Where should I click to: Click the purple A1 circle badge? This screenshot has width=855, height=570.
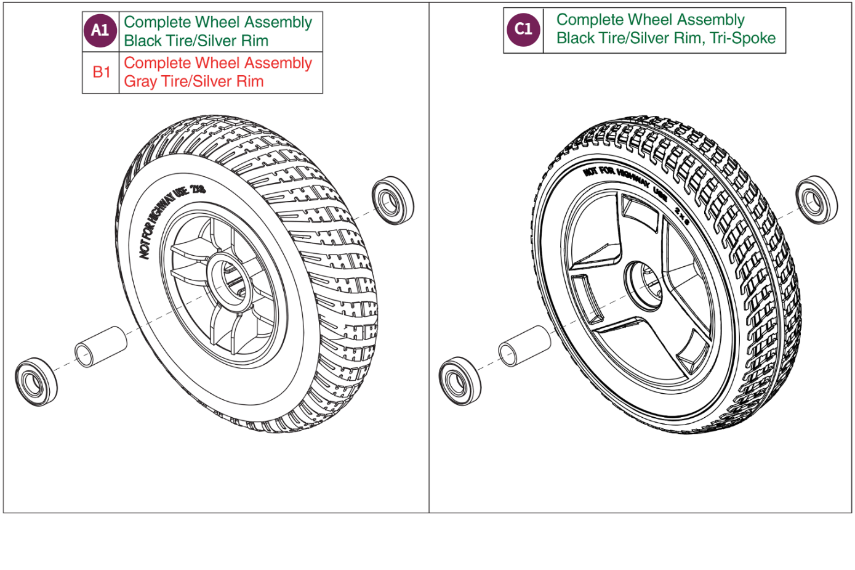[x=100, y=30]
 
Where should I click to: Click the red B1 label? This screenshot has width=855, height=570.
[x=101, y=72]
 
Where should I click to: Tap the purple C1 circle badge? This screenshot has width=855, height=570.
[x=523, y=29]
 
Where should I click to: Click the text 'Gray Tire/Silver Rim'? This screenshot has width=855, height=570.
[x=193, y=81]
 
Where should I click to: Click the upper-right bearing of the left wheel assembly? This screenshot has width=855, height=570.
[x=392, y=200]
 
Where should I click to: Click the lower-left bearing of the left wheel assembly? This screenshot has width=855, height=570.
[x=35, y=381]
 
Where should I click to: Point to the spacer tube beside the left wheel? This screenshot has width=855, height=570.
[x=100, y=347]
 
